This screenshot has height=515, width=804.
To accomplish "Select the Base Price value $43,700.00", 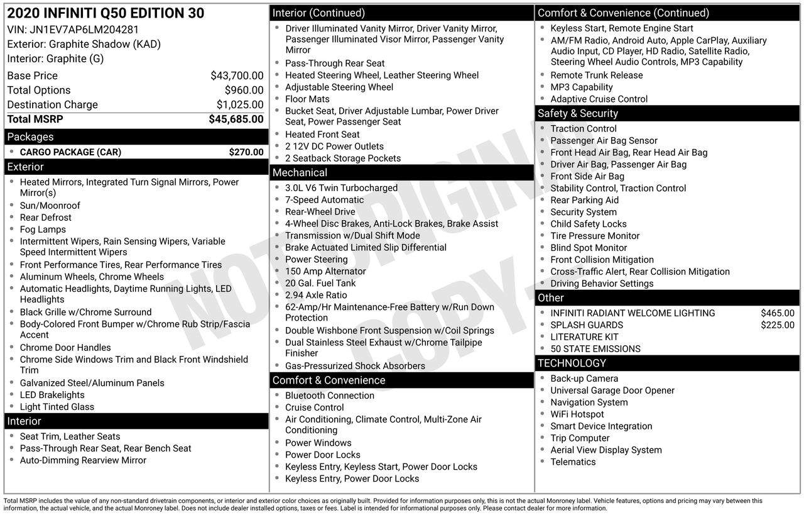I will tap(237, 75).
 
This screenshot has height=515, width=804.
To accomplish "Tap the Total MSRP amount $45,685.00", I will tap(236, 119).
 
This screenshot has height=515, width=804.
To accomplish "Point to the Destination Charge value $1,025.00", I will tap(240, 104).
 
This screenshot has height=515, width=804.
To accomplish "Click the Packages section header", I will tap(30, 136).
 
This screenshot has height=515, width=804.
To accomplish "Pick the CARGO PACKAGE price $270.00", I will tap(246, 152).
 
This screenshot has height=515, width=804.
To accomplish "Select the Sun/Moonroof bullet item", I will tap(50, 206).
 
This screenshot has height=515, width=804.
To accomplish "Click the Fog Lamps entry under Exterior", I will tap(43, 230).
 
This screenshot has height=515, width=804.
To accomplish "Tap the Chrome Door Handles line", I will tap(65, 348).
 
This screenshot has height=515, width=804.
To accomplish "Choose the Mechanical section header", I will tap(300, 172).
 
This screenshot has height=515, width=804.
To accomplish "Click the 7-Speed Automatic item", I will tap(324, 200).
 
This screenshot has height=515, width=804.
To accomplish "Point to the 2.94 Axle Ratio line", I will tap(316, 295).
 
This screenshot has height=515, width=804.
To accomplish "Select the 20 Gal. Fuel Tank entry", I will tap(320, 283).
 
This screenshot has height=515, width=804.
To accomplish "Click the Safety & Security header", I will tap(578, 113).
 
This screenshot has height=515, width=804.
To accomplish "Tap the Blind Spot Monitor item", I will tap(589, 248).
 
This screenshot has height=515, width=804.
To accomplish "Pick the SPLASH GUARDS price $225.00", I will tap(777, 325).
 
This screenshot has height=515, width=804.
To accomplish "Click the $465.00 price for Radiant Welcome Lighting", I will tap(777, 313).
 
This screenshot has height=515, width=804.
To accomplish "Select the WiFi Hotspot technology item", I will tap(577, 414).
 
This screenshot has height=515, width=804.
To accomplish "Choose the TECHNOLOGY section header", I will tap(572, 363).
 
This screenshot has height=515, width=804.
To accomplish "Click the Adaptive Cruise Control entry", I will tap(599, 99).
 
